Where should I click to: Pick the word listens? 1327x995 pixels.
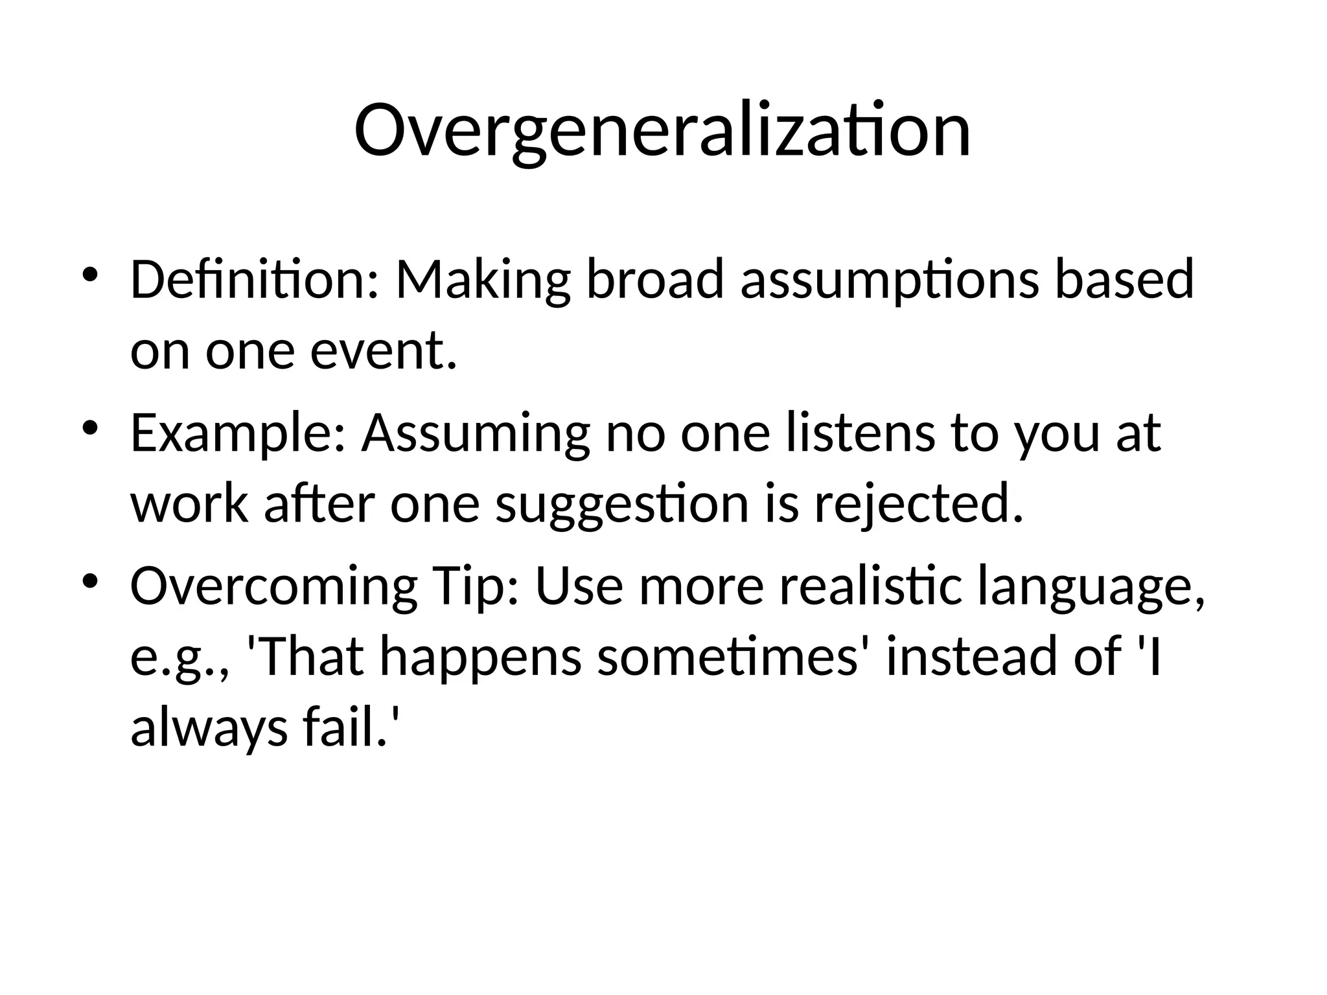coord(860,433)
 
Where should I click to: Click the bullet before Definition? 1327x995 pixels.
coord(90,275)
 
